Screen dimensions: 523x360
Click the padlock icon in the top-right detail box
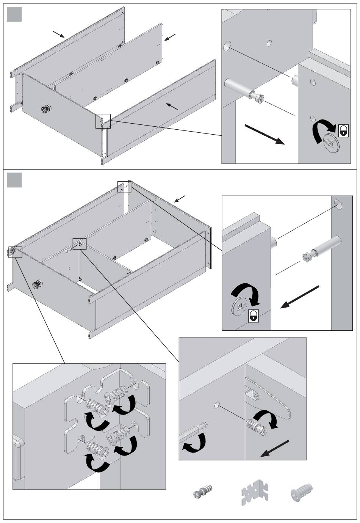343,130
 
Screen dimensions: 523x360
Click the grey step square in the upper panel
14,14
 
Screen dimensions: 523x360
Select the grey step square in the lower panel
14,179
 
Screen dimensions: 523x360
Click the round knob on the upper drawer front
46,110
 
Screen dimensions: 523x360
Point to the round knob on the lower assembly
37,285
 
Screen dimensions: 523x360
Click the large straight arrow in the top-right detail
264,134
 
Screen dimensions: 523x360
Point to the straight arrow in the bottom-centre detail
275,448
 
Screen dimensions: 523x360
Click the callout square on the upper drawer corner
103,121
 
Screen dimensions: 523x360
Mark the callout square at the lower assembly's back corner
124,187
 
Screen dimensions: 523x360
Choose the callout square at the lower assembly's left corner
15,252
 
